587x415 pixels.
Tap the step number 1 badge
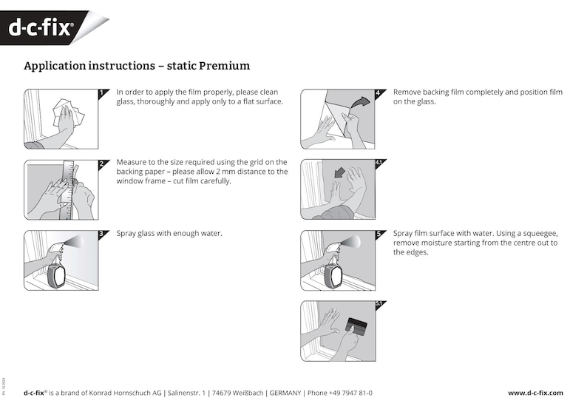point(101,94)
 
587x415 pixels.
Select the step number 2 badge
point(101,164)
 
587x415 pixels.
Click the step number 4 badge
point(378,94)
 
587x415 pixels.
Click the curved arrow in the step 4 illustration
point(360,101)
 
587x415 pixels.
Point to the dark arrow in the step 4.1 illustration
point(339,172)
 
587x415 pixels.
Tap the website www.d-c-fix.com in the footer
point(535,393)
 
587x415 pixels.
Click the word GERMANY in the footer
point(285,393)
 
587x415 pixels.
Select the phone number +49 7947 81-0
point(350,393)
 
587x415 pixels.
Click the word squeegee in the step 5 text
point(542,234)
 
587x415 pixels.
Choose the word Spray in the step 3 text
point(126,234)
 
